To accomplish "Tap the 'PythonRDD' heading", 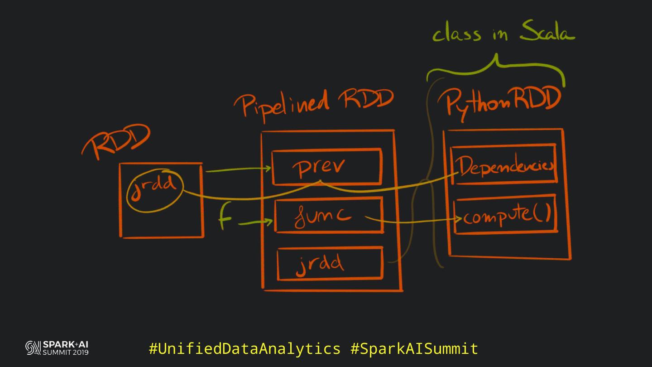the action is pyautogui.click(x=503, y=102).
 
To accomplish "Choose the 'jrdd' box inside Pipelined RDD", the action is pyautogui.click(x=330, y=264).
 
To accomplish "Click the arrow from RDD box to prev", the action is pyautogui.click(x=238, y=170).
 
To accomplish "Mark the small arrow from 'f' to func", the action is pyautogui.click(x=256, y=222).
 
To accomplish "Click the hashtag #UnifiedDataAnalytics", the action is pyautogui.click(x=244, y=348).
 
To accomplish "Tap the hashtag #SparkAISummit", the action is pyautogui.click(x=414, y=348).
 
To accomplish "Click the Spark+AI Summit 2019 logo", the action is pyautogui.click(x=57, y=348).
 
